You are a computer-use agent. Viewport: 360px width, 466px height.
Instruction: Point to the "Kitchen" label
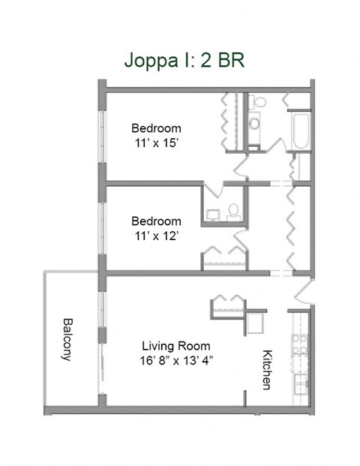click(x=265, y=369)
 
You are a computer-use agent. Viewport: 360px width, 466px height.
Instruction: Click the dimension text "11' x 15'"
click(x=156, y=143)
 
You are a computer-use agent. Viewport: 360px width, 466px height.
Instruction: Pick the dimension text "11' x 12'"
click(x=156, y=236)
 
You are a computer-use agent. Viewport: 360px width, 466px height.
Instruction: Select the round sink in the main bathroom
click(x=253, y=122)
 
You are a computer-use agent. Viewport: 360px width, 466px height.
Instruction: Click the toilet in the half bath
click(x=233, y=211)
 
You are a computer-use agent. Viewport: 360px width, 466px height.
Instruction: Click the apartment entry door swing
click(x=304, y=290)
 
